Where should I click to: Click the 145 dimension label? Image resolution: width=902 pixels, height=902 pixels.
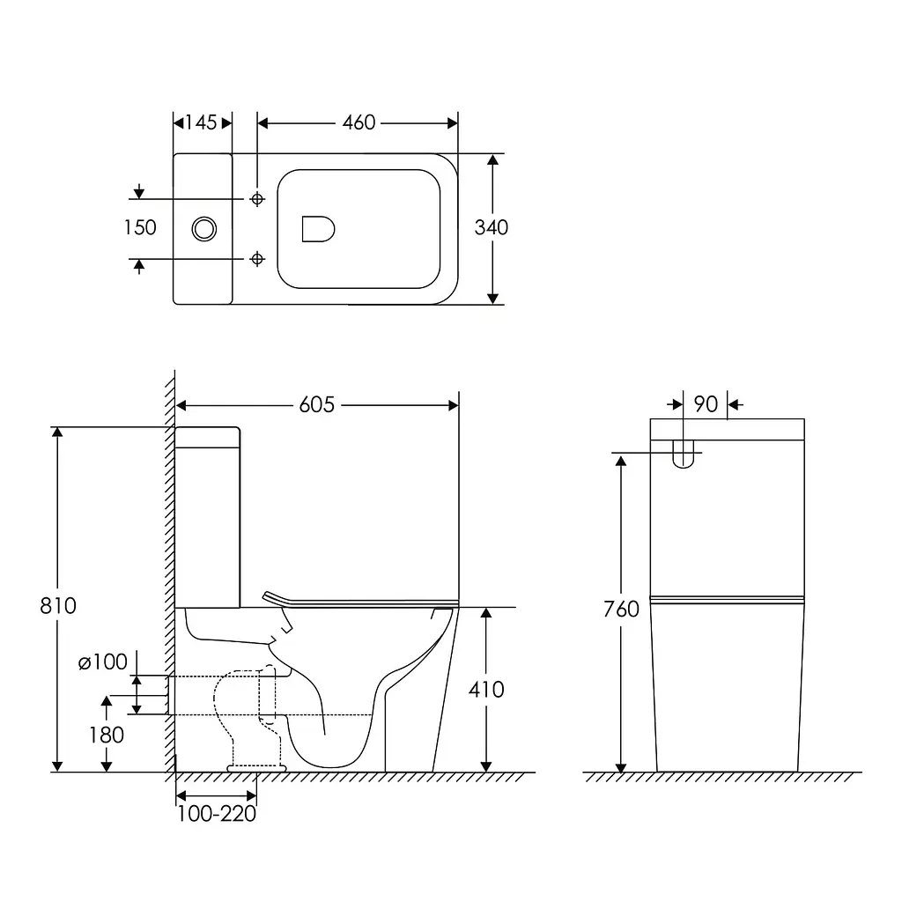click(x=201, y=122)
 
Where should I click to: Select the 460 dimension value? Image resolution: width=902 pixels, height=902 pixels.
click(x=359, y=122)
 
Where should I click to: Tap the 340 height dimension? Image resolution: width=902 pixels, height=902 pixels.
click(x=491, y=228)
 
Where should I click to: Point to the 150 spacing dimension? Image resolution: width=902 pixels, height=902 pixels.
click(x=140, y=228)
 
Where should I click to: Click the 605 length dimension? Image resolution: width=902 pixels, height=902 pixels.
click(x=316, y=405)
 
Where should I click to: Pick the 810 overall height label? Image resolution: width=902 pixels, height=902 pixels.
click(x=57, y=606)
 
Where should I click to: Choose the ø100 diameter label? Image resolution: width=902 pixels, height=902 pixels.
click(x=102, y=662)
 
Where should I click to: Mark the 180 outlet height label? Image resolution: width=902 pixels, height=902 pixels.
click(x=106, y=736)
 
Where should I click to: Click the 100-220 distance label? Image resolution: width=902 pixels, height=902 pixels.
click(x=217, y=814)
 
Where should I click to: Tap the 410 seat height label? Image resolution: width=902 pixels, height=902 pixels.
click(x=486, y=689)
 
